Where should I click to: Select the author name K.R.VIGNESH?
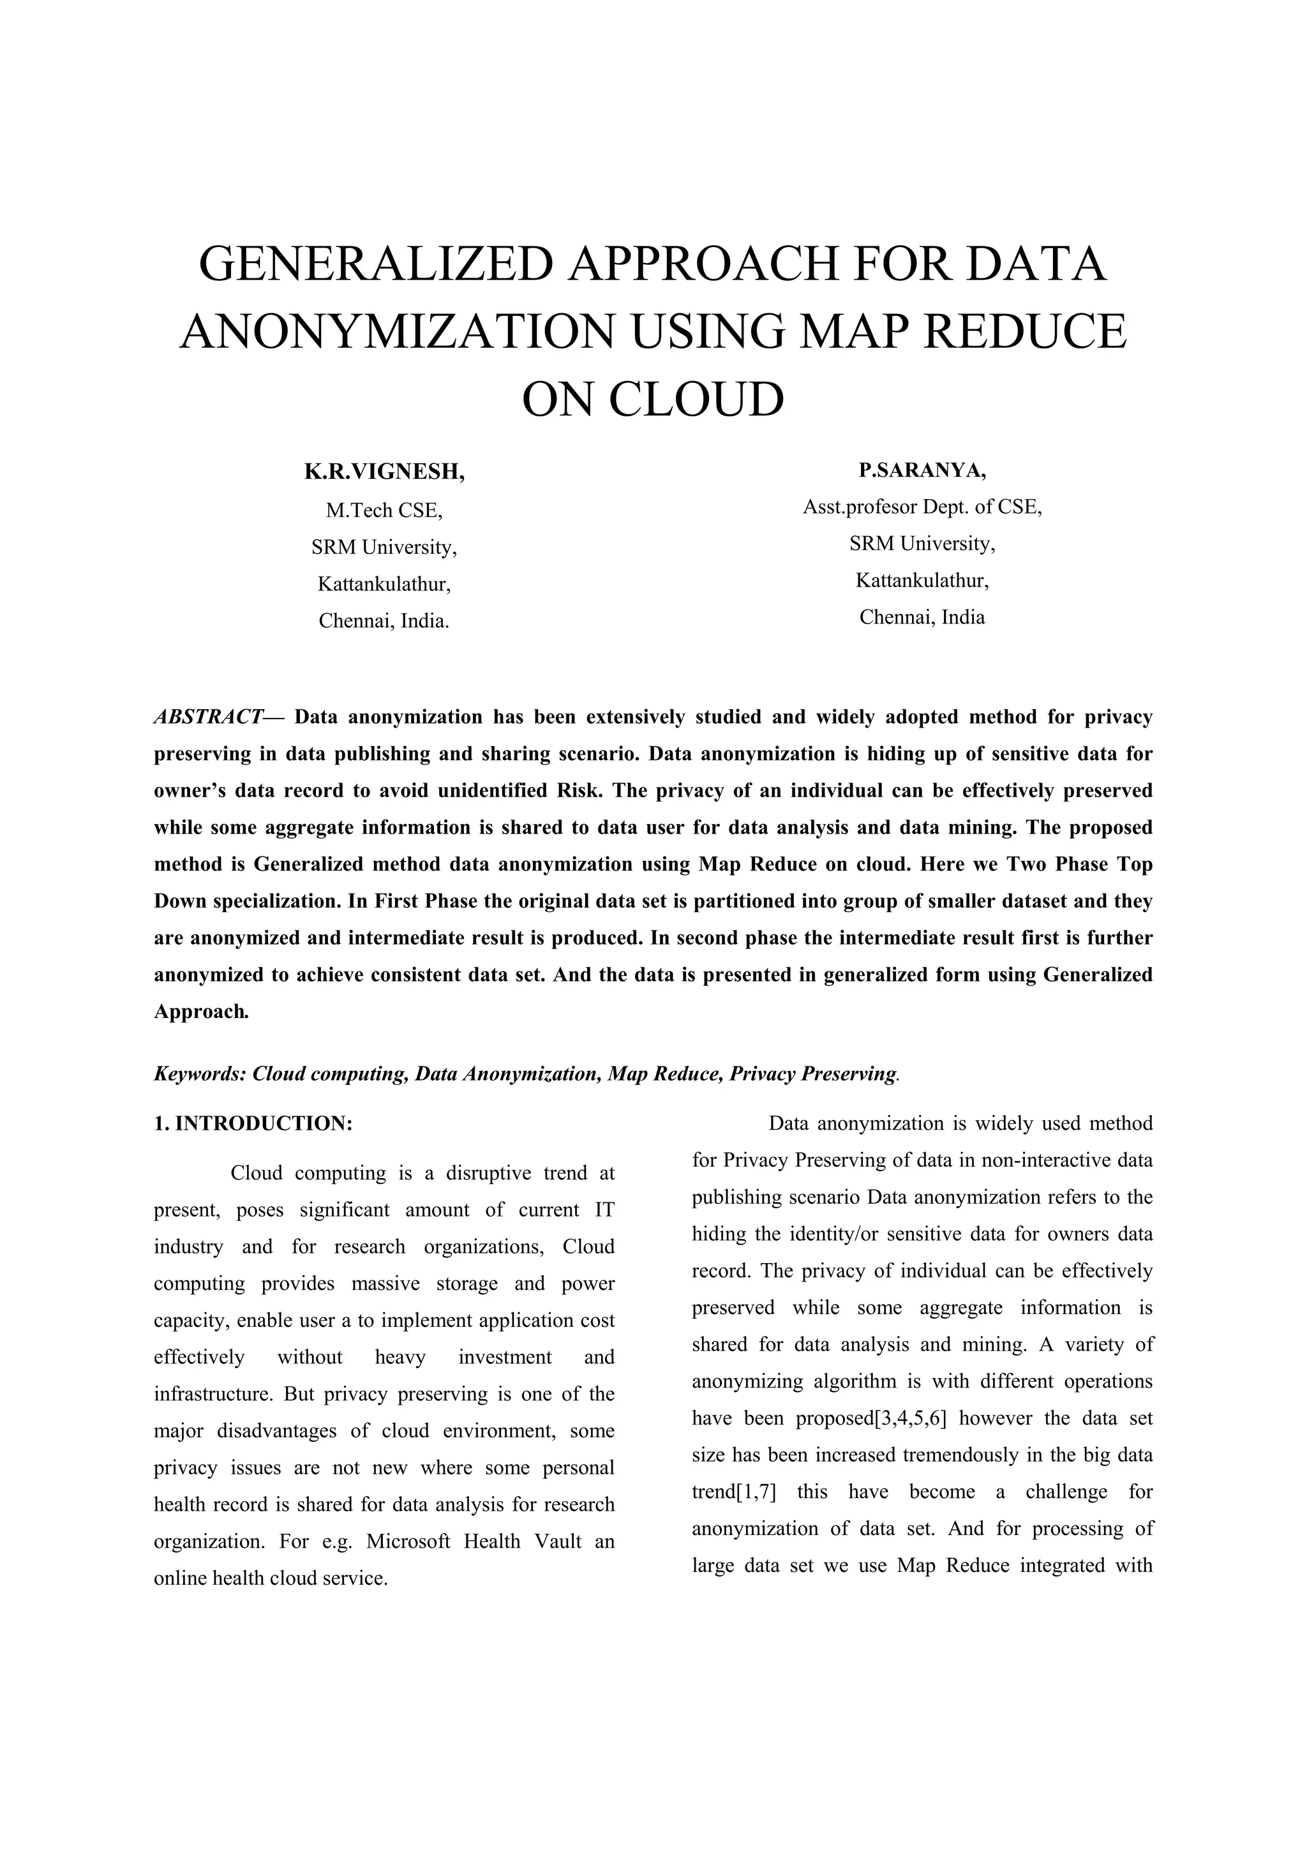click(384, 472)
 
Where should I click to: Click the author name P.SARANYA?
click(922, 470)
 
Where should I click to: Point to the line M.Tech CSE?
click(384, 510)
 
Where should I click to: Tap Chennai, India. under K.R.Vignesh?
click(384, 621)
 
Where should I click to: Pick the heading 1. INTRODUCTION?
click(253, 1123)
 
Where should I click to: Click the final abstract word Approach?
click(201, 1012)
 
